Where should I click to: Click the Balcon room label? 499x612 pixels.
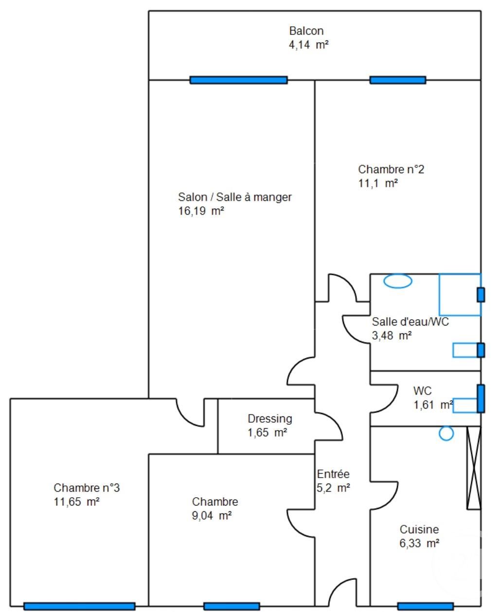click(306, 31)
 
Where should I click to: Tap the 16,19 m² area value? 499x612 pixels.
click(201, 211)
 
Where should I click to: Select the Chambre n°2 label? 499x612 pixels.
click(391, 169)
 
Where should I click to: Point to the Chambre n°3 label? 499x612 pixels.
click(86, 487)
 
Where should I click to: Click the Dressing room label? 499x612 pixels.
click(269, 418)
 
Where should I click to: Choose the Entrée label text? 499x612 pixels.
click(333, 474)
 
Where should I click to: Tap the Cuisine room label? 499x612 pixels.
click(419, 529)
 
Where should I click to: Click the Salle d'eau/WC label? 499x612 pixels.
click(410, 322)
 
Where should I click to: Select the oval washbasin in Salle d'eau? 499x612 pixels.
click(398, 281)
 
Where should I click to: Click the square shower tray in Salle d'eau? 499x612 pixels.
click(460, 294)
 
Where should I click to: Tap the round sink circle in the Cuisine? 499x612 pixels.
click(446, 433)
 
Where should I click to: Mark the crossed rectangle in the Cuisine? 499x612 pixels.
click(473, 468)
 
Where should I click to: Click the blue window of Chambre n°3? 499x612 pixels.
click(79, 606)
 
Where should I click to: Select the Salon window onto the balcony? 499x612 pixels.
click(238, 80)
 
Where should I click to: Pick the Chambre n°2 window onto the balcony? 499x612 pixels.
click(397, 80)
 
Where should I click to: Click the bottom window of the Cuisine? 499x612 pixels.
click(425, 606)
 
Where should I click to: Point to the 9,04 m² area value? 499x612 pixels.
click(212, 516)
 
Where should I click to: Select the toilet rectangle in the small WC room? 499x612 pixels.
click(465, 405)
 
